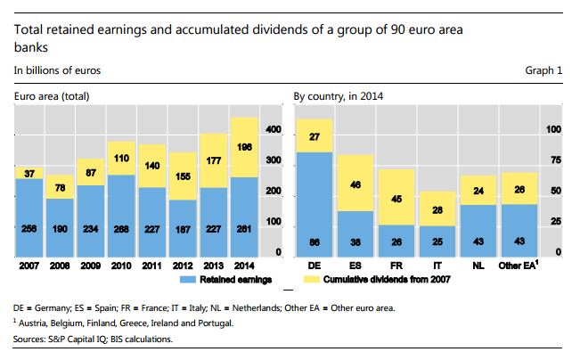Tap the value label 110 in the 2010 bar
click(x=122, y=157)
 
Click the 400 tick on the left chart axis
click(x=274, y=131)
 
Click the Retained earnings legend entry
click(x=238, y=280)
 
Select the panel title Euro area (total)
click(x=50, y=95)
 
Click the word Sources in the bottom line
click(x=30, y=340)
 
